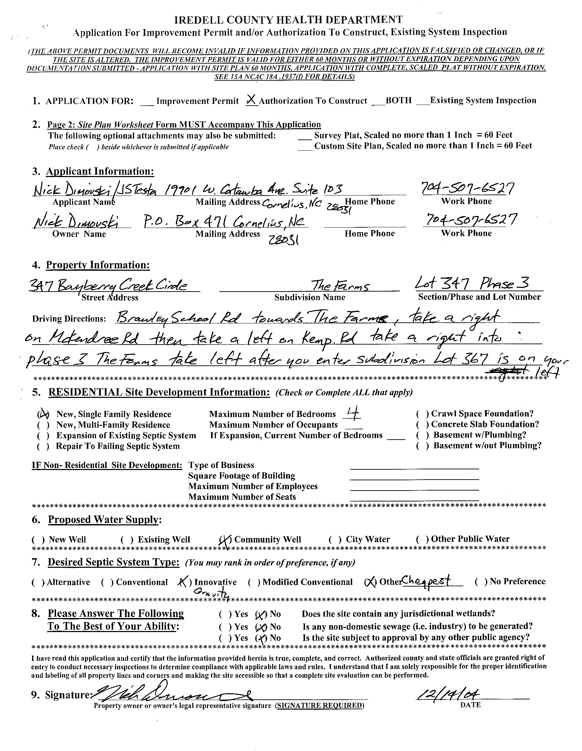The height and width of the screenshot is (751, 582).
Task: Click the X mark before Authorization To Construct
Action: [x=251, y=100]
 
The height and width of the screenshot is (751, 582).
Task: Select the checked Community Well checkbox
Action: [x=225, y=539]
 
